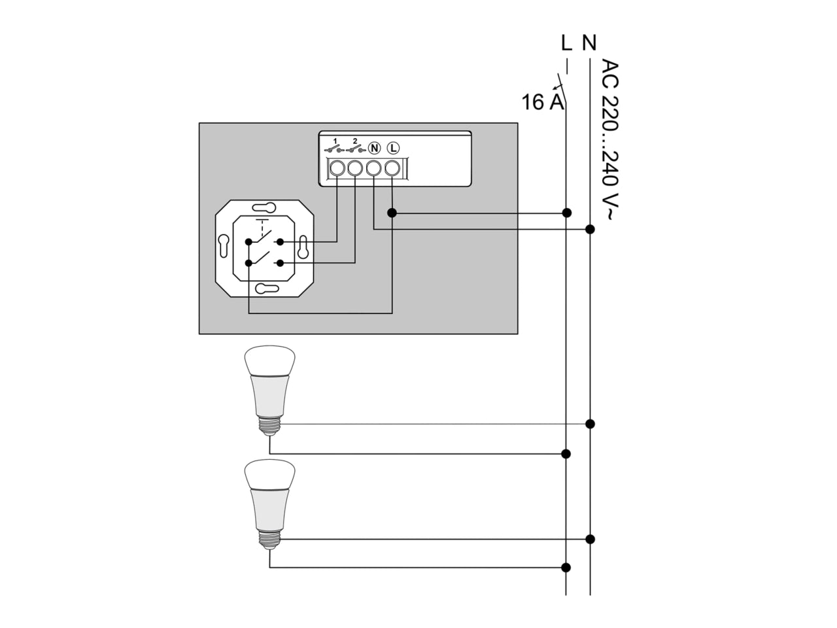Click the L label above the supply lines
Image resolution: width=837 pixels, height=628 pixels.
(x=567, y=43)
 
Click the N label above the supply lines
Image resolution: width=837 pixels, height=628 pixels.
(x=589, y=43)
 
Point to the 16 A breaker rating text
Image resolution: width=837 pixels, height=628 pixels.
(x=542, y=102)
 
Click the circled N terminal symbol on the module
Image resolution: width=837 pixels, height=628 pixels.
(x=375, y=148)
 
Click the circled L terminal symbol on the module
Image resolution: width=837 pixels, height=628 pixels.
(x=393, y=148)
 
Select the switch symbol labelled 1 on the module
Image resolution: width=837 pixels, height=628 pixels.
(x=334, y=147)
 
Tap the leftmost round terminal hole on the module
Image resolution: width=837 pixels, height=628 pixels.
(x=337, y=168)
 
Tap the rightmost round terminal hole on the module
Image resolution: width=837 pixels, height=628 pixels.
(x=392, y=168)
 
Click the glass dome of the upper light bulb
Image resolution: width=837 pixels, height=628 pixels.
(x=269, y=361)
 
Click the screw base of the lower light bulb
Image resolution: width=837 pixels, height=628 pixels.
(x=269, y=539)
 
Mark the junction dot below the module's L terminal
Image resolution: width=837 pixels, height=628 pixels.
(x=392, y=213)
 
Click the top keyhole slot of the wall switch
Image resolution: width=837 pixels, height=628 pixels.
(x=264, y=207)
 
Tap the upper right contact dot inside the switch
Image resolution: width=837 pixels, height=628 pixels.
(x=281, y=242)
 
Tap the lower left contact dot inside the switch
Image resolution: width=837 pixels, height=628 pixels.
(x=248, y=263)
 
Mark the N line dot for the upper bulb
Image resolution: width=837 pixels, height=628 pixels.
(x=590, y=424)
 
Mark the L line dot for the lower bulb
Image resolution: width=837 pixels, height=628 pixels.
(x=566, y=567)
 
